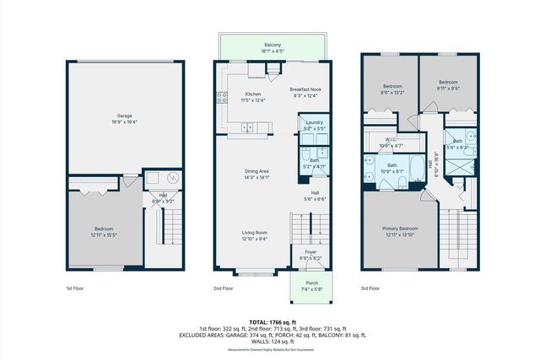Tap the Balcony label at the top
pyautogui.click(x=272, y=45)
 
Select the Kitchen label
pyautogui.click(x=253, y=94)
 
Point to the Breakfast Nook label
pyautogui.click(x=305, y=89)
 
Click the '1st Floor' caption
pyautogui.click(x=76, y=288)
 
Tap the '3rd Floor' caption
pyautogui.click(x=370, y=288)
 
